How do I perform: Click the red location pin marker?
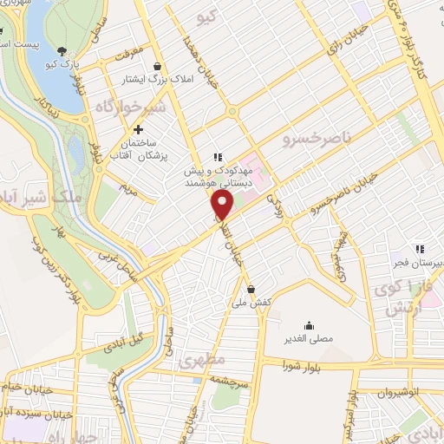[223, 205]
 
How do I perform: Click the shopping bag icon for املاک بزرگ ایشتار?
[157, 66]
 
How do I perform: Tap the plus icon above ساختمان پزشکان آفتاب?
[139, 129]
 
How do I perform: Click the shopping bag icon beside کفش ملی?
[251, 290]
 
